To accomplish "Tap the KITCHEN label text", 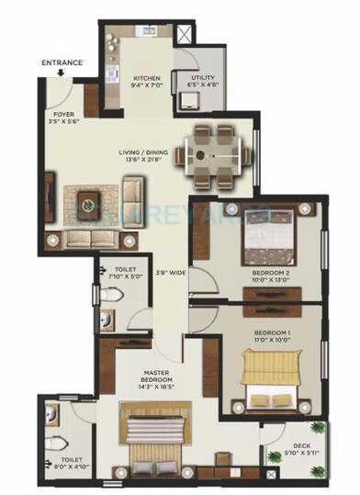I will point(148,79).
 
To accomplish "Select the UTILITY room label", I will point(203,79).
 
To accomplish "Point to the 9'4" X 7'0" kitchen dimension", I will point(148,87).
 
